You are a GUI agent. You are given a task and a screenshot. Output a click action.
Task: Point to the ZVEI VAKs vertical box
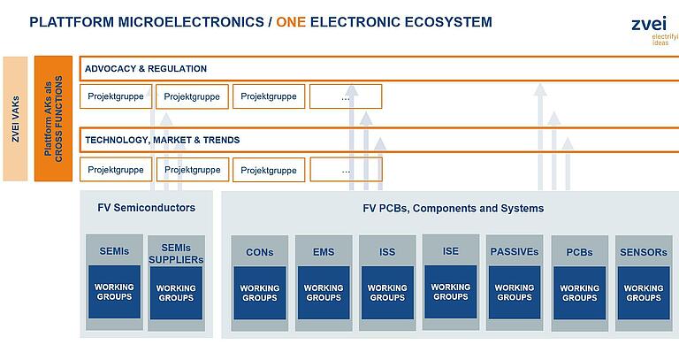pyautogui.click(x=15, y=119)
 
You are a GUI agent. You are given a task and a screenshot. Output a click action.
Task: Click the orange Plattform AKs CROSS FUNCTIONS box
pyautogui.click(x=53, y=119)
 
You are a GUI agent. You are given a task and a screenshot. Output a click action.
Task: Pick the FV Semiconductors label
pyautogui.click(x=146, y=208)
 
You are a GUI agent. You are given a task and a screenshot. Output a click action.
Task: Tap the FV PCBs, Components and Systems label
pyautogui.click(x=454, y=208)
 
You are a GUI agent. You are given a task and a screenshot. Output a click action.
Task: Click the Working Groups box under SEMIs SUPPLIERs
pyautogui.click(x=176, y=293)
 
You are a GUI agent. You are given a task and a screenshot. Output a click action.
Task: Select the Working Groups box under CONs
pyautogui.click(x=259, y=293)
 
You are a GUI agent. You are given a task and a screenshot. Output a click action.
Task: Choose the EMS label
pyautogui.click(x=324, y=252)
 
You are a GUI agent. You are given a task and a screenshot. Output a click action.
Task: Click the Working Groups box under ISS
pyautogui.click(x=387, y=293)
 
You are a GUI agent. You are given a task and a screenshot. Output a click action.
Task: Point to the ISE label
pyautogui.click(x=451, y=251)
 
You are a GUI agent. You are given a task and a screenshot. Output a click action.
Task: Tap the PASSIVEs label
pyautogui.click(x=515, y=251)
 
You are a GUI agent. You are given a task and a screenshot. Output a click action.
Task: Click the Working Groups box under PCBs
pyautogui.click(x=579, y=293)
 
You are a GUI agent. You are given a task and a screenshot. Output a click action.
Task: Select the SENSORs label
pyautogui.click(x=643, y=252)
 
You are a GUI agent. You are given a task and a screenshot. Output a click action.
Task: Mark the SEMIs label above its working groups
pyautogui.click(x=114, y=251)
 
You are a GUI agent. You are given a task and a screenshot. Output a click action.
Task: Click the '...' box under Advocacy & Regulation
pyautogui.click(x=346, y=96)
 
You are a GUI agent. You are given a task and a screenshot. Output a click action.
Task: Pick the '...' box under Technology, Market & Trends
pyautogui.click(x=346, y=169)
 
